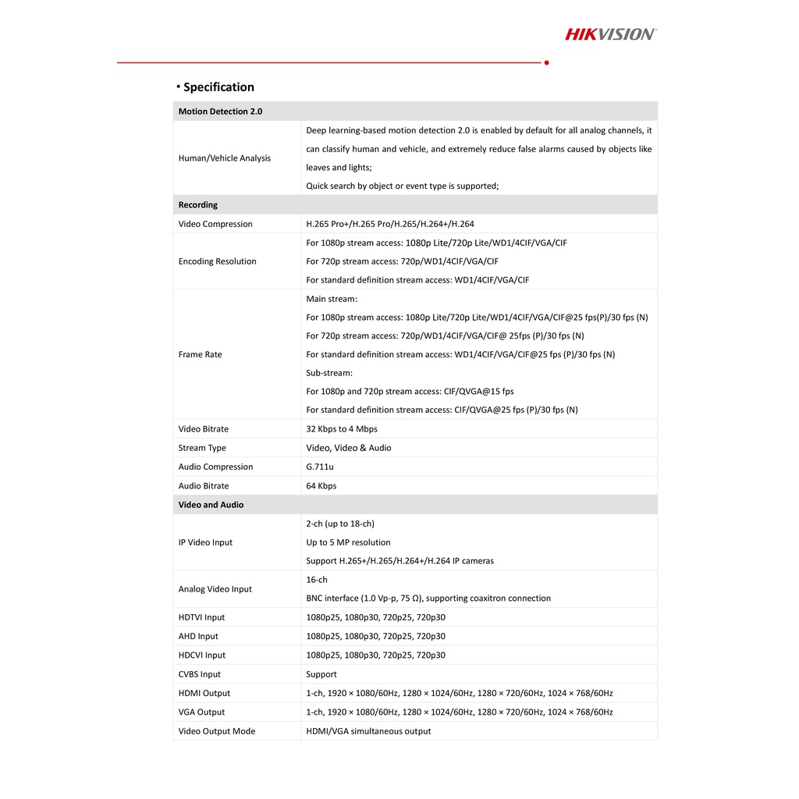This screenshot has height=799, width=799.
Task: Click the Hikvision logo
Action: click(x=610, y=34)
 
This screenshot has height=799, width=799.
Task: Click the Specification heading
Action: click(x=218, y=87)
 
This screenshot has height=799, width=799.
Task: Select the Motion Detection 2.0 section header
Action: click(x=220, y=112)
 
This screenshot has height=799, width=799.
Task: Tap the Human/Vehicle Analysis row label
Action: click(x=225, y=158)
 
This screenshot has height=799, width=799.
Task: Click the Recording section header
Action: click(x=198, y=205)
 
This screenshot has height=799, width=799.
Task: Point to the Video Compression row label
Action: click(x=215, y=224)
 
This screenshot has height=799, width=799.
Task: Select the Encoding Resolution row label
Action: click(x=217, y=261)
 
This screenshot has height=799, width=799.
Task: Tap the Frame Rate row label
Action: click(x=200, y=354)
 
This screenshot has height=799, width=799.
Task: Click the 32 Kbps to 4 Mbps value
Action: click(x=342, y=429)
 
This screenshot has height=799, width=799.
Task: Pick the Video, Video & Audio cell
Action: click(x=349, y=448)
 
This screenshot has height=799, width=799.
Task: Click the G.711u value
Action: click(x=320, y=467)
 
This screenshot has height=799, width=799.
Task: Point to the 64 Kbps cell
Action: click(x=321, y=486)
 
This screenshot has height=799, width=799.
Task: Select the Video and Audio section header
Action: click(x=211, y=505)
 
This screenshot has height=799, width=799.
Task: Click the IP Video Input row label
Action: click(x=205, y=542)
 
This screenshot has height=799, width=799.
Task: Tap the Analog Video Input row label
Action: click(x=215, y=589)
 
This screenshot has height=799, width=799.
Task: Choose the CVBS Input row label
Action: click(x=200, y=674)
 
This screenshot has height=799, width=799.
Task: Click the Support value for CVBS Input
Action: click(x=321, y=674)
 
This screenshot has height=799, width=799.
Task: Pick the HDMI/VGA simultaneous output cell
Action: click(x=368, y=731)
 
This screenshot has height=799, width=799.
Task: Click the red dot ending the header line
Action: click(x=546, y=62)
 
